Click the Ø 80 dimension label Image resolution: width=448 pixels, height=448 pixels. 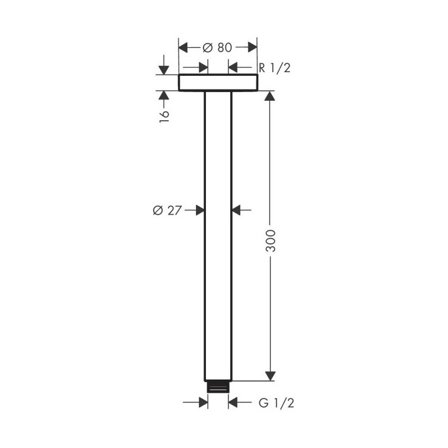[x=218, y=47]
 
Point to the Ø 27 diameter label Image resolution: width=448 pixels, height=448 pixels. [x=166, y=210]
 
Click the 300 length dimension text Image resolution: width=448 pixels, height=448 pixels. [x=270, y=240]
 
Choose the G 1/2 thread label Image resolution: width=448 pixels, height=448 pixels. [x=275, y=403]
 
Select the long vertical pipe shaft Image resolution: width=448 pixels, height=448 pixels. [x=218, y=236]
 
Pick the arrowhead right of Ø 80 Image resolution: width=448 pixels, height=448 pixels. [x=251, y=47]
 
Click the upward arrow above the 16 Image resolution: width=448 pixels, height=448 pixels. [x=164, y=96]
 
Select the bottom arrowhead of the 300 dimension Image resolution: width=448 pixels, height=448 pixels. [x=270, y=375]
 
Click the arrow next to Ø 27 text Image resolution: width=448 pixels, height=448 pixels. [x=199, y=210]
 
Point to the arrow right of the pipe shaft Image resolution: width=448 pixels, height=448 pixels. [x=237, y=210]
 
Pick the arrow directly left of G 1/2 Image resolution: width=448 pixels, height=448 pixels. [x=235, y=403]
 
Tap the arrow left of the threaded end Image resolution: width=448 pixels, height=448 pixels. [x=202, y=403]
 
